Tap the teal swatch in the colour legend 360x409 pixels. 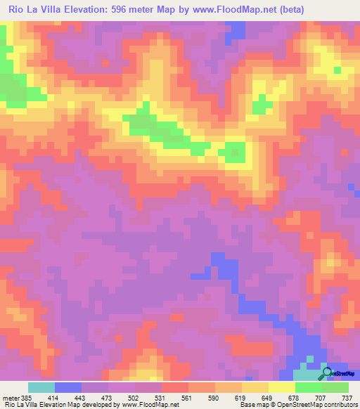click(x=41, y=387)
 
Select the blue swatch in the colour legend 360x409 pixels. click(x=68, y=387)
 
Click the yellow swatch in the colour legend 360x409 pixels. click(x=282, y=387)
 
